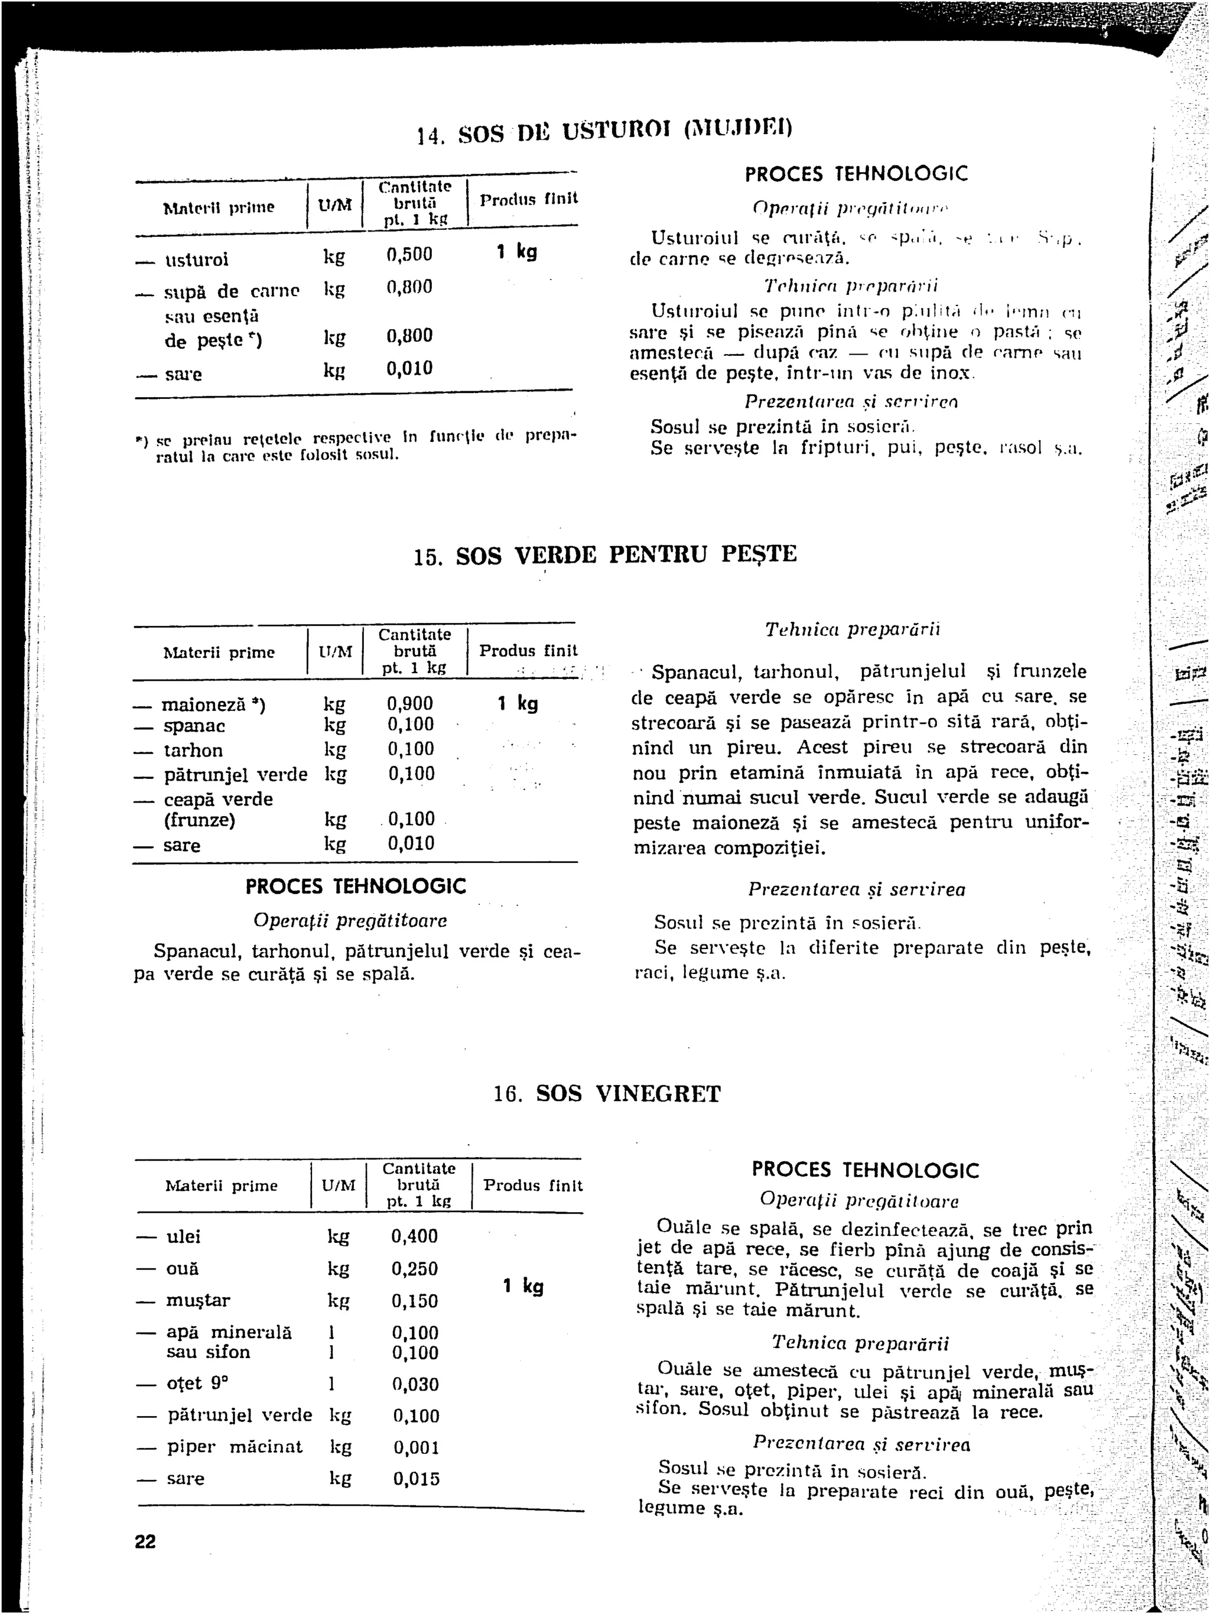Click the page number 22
145,1541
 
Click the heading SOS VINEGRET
628,1094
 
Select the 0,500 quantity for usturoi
409,255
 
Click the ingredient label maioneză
203,705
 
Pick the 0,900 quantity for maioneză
410,704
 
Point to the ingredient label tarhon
193,751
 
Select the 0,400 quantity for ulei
414,1236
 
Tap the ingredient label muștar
198,1300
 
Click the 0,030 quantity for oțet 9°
415,1384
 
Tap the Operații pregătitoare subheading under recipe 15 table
350,921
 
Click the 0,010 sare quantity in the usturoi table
409,368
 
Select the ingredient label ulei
184,1237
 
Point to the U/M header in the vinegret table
339,1186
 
